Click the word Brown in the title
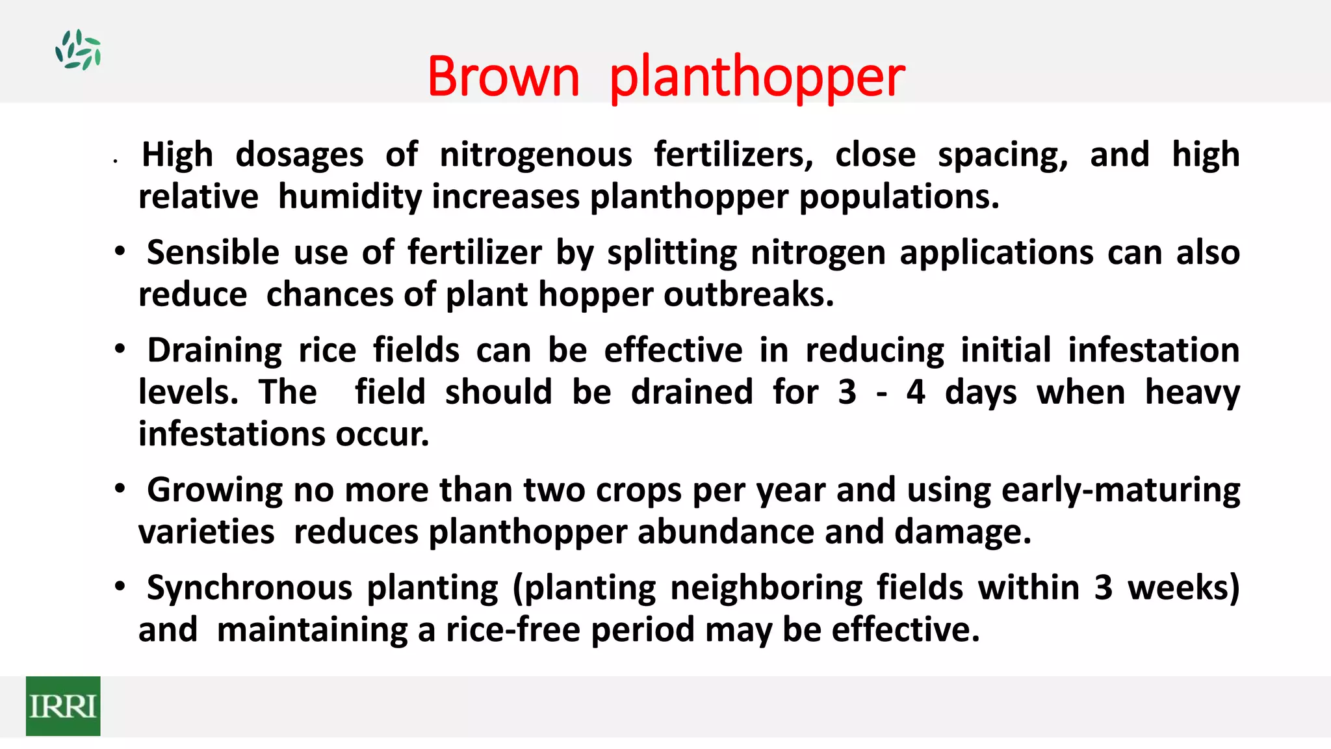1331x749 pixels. point(503,77)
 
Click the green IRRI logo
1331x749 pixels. point(63,706)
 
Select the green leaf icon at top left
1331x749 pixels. point(78,49)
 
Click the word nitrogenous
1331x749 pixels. point(536,155)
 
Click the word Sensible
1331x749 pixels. point(213,252)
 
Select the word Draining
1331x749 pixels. point(214,351)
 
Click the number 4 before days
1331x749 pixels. point(916,392)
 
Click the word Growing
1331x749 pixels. point(214,490)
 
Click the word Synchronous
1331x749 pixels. point(250,588)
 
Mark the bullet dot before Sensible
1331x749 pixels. point(120,252)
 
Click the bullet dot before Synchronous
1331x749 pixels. point(120,587)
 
